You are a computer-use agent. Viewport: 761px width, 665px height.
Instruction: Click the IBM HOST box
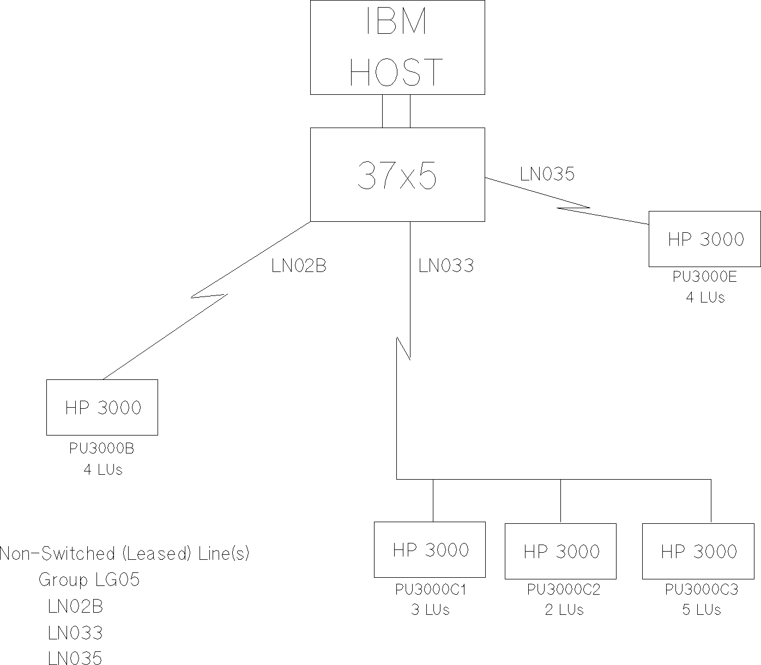point(397,47)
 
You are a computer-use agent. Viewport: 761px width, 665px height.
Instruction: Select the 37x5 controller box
point(397,174)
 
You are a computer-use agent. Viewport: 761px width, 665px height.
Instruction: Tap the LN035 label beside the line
point(547,174)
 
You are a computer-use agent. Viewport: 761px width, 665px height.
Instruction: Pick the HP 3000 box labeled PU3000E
point(704,239)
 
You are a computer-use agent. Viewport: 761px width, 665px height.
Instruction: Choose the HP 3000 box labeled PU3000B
point(102,407)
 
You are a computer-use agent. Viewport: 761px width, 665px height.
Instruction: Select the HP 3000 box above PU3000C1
point(430,549)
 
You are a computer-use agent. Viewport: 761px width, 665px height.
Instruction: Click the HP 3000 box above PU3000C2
point(560,551)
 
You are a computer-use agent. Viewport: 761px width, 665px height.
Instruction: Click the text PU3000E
point(704,277)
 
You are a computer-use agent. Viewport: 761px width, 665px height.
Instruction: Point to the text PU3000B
point(102,449)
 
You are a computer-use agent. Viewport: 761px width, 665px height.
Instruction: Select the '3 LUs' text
point(430,609)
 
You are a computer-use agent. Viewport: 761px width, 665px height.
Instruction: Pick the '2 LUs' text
point(564,609)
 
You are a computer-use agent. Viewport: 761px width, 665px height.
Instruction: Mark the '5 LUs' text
point(701,609)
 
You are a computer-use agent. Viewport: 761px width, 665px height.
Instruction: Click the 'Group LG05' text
point(89,579)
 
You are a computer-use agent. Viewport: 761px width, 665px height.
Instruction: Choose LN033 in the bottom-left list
point(75,633)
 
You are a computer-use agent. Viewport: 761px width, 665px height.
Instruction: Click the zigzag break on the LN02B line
point(209,295)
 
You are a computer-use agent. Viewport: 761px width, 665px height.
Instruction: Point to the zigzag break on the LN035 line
point(573,208)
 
